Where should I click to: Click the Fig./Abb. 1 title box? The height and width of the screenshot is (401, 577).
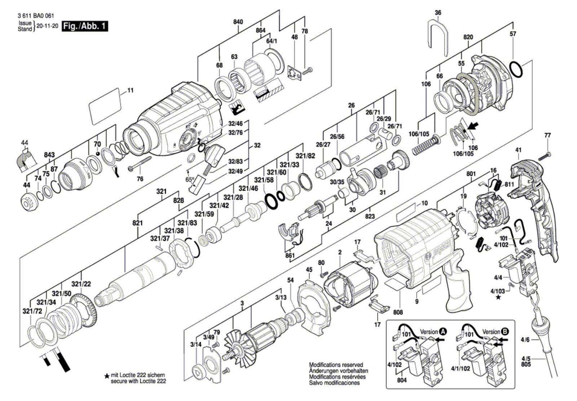(85, 26)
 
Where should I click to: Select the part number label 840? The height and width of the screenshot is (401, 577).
(238, 22)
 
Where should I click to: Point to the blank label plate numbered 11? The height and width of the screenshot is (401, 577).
(105, 105)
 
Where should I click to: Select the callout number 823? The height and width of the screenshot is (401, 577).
(370, 216)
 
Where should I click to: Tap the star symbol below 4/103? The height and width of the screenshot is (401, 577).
(498, 297)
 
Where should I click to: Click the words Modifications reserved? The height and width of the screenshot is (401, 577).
(336, 365)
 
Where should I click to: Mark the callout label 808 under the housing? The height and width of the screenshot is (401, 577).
(398, 312)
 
